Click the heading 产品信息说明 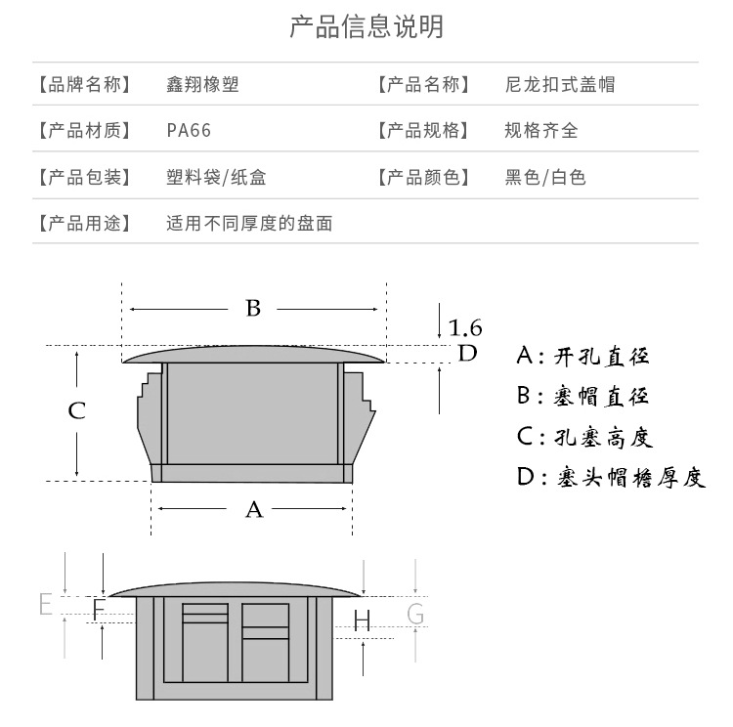[x=366, y=26]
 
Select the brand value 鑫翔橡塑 [x=202, y=84]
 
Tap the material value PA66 [x=189, y=130]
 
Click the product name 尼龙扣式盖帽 [x=560, y=84]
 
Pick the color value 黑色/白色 [x=545, y=177]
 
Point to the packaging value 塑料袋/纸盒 [x=216, y=177]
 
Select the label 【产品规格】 [x=422, y=130]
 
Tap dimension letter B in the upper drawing [x=253, y=309]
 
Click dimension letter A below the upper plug [x=253, y=509]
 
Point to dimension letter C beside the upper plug [x=76, y=410]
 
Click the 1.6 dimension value [x=465, y=327]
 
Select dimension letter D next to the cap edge [x=468, y=353]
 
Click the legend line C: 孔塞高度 [x=582, y=437]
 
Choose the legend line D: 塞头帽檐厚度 [x=610, y=478]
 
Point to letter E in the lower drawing [x=45, y=604]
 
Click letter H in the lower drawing [x=363, y=620]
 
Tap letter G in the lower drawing [x=415, y=614]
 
